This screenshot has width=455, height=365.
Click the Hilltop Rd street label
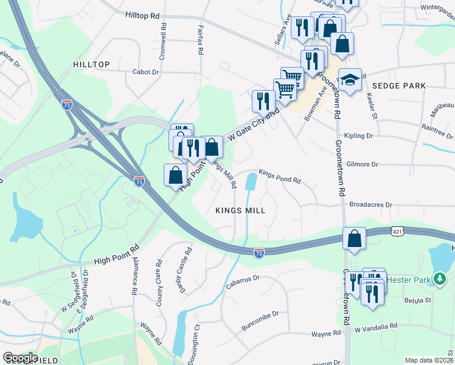[143, 15]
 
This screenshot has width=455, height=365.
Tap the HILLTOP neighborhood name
[91, 64]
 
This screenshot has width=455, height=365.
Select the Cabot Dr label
[145, 72]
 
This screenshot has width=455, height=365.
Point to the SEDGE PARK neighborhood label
[399, 86]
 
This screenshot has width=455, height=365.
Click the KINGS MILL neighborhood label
[241, 210]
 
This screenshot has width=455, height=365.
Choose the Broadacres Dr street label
[372, 206]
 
